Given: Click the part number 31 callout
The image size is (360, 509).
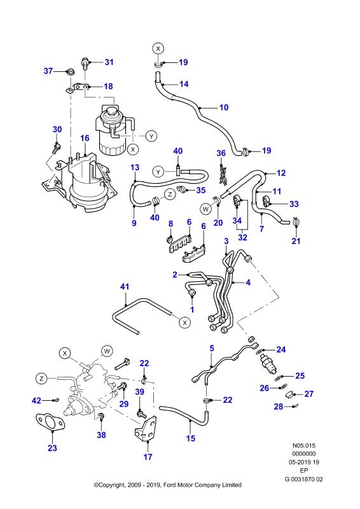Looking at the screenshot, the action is click(x=109, y=62).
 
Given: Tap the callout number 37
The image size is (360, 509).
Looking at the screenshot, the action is click(x=48, y=71).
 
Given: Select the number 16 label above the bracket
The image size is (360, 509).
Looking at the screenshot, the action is click(x=85, y=138).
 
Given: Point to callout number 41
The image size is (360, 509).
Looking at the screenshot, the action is click(x=125, y=287).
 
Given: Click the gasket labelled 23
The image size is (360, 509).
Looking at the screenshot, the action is click(x=49, y=422).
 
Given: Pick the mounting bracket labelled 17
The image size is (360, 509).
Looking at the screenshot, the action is click(x=146, y=428).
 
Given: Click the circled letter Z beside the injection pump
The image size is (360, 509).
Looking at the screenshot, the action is click(x=41, y=378).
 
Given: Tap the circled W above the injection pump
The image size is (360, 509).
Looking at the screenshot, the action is click(x=107, y=351).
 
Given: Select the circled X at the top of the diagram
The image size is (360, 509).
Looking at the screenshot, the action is click(x=158, y=49).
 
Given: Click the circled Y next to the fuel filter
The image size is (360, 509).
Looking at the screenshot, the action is click(x=151, y=136).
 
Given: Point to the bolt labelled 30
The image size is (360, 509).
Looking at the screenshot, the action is click(x=57, y=149).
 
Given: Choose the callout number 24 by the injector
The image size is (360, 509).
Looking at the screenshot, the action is click(x=281, y=349).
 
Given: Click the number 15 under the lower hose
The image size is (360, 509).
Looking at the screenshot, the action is click(x=191, y=438).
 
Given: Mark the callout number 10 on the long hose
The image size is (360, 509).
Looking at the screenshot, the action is click(x=224, y=108).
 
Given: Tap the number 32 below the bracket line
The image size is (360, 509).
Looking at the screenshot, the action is click(x=242, y=237).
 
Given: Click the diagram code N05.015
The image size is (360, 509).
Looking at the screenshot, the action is click(x=303, y=446).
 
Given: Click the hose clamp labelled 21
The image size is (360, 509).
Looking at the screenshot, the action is click(x=296, y=222).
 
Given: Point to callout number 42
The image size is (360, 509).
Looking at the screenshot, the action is click(x=36, y=401).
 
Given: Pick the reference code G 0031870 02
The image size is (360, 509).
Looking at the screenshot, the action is click(x=303, y=479).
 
